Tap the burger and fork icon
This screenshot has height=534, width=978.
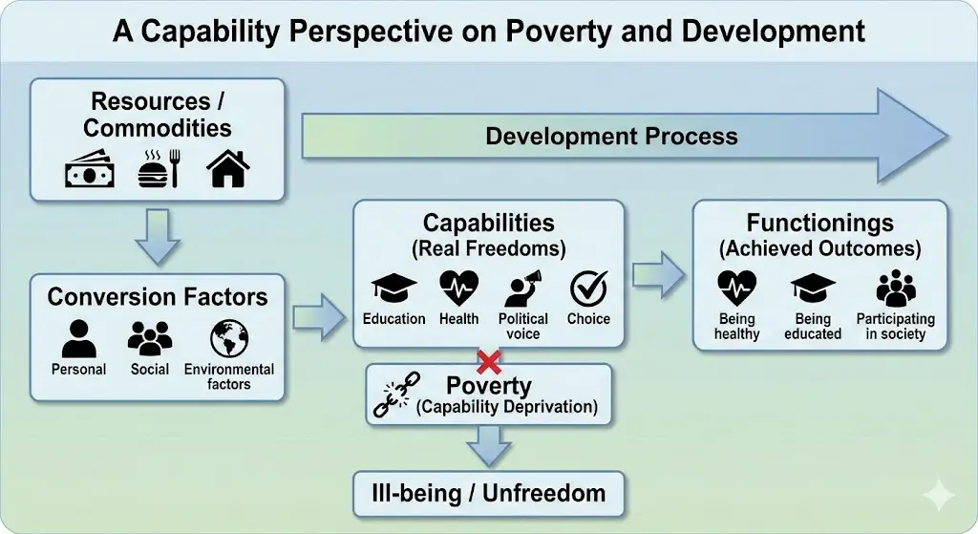(159, 168)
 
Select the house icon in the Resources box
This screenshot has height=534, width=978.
(227, 168)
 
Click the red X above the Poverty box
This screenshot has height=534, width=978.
(489, 362)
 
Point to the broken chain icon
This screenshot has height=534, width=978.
(396, 395)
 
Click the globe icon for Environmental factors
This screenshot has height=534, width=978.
(229, 339)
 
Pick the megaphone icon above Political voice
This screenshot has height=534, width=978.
(522, 288)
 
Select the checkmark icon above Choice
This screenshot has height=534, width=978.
(588, 288)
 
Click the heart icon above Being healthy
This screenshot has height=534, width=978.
(736, 288)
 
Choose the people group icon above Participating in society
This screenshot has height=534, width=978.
(896, 288)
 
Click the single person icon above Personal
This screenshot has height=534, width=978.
(79, 339)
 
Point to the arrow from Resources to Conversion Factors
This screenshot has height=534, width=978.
(158, 237)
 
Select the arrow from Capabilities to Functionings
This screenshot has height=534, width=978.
(658, 274)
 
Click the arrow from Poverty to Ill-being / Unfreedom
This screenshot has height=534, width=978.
(489, 446)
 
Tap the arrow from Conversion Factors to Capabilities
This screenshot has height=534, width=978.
(319, 317)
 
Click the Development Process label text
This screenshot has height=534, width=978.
(611, 136)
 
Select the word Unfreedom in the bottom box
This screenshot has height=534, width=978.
(543, 493)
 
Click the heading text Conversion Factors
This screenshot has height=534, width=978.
(158, 297)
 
